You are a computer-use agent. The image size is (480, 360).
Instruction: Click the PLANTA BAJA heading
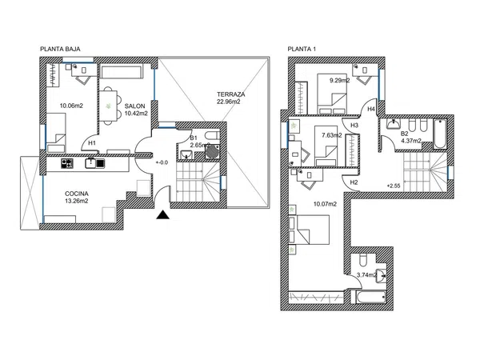(60, 49)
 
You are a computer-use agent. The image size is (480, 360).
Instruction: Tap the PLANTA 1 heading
(302, 49)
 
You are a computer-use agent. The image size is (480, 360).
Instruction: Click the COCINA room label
(77, 194)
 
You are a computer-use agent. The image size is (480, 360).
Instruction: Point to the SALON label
(134, 106)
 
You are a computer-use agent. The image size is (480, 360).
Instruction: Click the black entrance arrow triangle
(162, 215)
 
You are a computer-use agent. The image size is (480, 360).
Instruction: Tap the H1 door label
(92, 143)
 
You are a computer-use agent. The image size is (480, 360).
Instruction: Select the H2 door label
(354, 182)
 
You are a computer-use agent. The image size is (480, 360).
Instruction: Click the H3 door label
(354, 126)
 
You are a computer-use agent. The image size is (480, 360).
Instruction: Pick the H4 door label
(371, 109)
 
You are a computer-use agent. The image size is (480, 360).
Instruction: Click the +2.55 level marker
(394, 186)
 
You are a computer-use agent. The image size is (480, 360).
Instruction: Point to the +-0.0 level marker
(162, 162)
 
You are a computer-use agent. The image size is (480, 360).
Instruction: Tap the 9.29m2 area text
(339, 81)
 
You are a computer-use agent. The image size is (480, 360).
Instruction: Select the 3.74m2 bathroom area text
(366, 275)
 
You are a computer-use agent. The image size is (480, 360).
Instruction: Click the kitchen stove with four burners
(67, 163)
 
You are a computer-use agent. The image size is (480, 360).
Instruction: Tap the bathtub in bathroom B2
(440, 134)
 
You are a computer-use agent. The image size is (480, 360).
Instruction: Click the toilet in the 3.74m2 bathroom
(362, 259)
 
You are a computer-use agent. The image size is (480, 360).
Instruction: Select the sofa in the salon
(122, 71)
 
